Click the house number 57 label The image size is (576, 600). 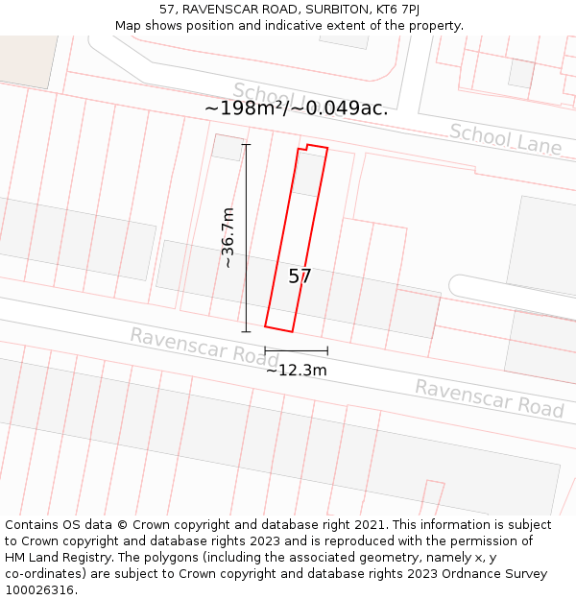click(x=300, y=276)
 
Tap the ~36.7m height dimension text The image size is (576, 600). click(x=228, y=238)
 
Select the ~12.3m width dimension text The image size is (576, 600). click(x=297, y=371)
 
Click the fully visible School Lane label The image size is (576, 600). click(x=505, y=139)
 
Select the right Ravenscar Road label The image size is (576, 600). click(x=489, y=397)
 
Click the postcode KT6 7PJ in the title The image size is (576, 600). click(x=396, y=10)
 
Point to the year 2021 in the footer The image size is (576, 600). click(x=371, y=525)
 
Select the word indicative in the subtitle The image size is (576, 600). click(x=302, y=26)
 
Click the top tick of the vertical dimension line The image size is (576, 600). click(x=247, y=145)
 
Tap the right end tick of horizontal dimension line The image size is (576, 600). click(x=327, y=350)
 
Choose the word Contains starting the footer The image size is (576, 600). click(x=33, y=525)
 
